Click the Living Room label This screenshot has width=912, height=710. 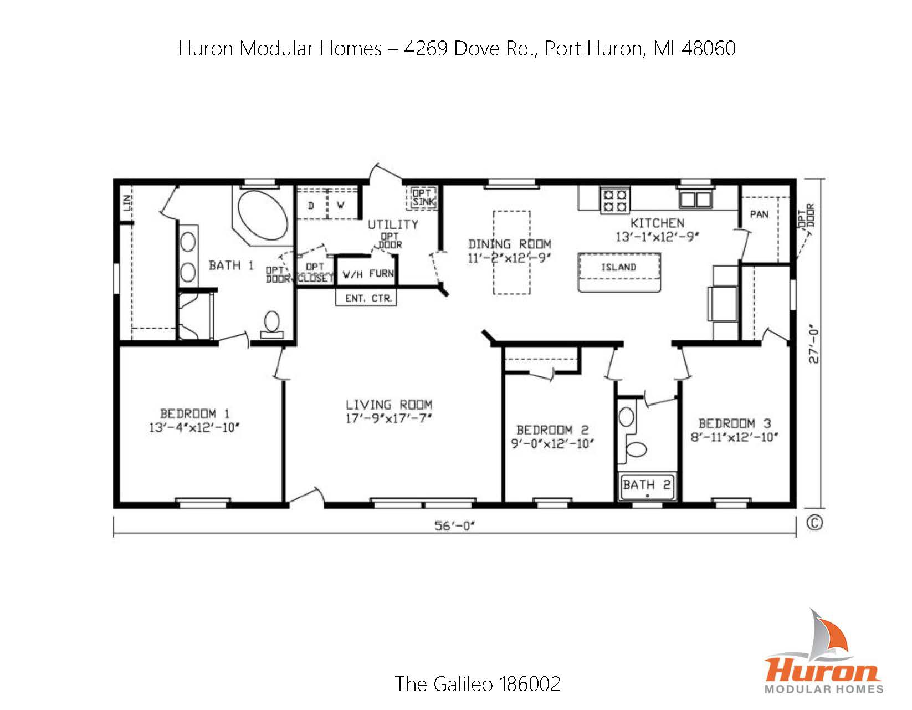tap(388, 405)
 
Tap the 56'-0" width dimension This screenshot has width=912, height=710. tap(455, 525)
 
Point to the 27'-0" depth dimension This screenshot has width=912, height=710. tap(814, 343)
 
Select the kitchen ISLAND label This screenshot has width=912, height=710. tap(619, 268)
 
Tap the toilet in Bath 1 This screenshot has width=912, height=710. tap(271, 324)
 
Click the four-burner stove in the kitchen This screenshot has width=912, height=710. tap(615, 201)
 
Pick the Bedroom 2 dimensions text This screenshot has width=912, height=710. tap(552, 443)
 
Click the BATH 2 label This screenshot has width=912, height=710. tap(647, 486)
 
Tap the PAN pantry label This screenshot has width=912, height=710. tap(759, 214)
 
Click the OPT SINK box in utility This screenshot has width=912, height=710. tap(424, 198)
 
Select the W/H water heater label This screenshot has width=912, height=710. tap(352, 274)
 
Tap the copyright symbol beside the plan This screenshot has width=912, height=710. tap(814, 523)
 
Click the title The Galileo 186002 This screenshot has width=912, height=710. tap(477, 683)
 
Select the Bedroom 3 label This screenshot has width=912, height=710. tap(734, 423)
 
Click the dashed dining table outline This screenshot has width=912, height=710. tap(511, 252)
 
